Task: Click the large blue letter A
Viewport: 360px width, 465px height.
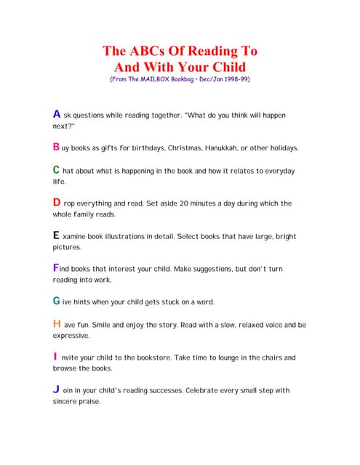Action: click(57, 114)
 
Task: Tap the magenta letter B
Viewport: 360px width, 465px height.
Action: click(56, 147)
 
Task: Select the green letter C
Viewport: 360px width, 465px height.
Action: click(56, 169)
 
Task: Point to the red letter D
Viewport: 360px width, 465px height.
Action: click(57, 203)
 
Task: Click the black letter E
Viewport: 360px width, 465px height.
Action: click(56, 235)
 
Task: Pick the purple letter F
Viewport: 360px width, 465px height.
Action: click(55, 267)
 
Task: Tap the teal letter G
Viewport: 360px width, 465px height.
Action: click(57, 301)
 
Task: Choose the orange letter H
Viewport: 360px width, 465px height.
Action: click(57, 324)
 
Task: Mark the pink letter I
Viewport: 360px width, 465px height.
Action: click(55, 357)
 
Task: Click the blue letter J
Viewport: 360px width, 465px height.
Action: click(56, 389)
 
